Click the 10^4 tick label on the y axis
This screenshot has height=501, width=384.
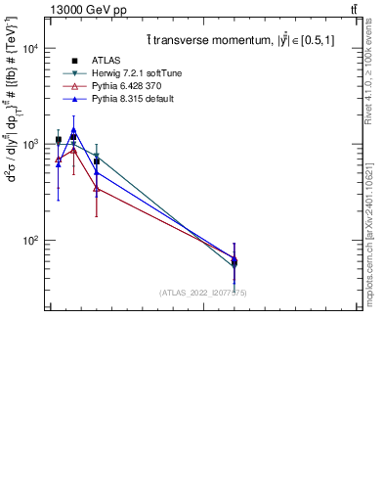(27, 48)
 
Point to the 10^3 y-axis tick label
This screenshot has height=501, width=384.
(27, 144)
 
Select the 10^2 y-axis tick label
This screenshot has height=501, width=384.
(27, 240)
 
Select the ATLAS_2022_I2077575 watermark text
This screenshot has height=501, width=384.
(202, 293)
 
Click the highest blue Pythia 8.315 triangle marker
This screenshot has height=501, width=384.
(73, 129)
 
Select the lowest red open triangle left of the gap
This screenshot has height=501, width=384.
(96, 188)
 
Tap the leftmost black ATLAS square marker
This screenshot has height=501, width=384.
(59, 140)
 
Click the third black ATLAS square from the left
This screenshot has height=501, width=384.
(96, 161)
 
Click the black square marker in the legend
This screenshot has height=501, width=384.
(74, 61)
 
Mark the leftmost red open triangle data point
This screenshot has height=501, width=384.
(59, 159)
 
